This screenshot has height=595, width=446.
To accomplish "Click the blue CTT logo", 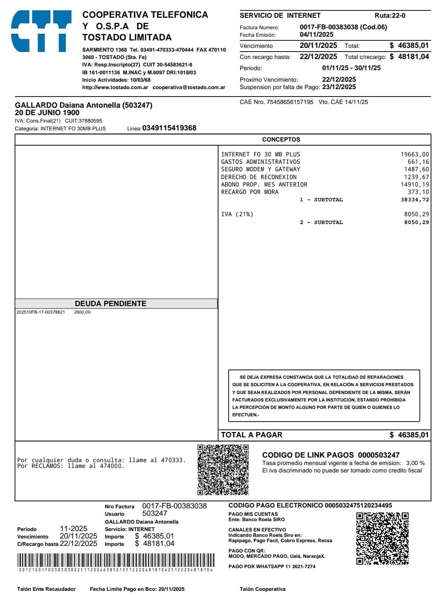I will (41, 31).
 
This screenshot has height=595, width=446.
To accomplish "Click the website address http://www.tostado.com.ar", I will (115, 87).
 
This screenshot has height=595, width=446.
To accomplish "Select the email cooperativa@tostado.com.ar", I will (189, 87).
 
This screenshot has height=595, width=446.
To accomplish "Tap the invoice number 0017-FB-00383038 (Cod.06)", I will (343, 27).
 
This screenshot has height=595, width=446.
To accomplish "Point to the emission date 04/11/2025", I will (316, 35).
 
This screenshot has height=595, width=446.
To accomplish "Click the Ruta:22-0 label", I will (390, 16).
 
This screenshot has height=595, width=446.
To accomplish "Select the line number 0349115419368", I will (169, 128).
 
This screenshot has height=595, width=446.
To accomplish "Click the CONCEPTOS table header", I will (281, 139).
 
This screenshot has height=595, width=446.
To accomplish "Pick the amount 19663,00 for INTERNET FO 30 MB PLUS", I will (415, 154).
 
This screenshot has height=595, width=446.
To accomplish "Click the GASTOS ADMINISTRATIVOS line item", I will (261, 162).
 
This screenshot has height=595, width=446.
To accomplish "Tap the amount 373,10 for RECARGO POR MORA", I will (418, 192).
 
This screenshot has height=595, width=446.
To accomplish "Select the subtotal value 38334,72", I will (415, 200).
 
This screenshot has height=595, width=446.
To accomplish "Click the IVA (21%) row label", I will (237, 214).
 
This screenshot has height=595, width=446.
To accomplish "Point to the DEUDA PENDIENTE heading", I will (111, 304).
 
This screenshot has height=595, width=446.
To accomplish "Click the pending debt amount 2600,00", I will (82, 312).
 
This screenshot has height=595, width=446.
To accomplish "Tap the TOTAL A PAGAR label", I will (251, 435).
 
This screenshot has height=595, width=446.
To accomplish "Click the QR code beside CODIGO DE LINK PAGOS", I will (223, 470).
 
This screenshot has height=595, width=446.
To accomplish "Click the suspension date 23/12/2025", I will (339, 87).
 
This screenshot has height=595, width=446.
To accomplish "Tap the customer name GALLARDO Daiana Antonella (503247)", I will (83, 105).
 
